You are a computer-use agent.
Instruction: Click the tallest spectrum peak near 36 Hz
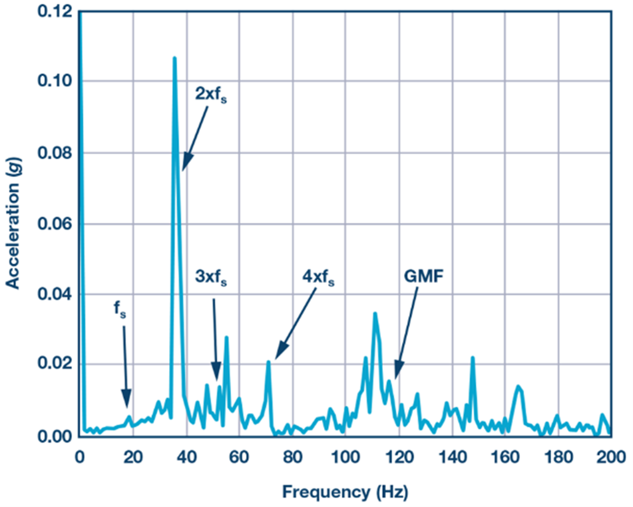[175, 58]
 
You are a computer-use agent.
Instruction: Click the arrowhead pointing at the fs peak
[127, 400]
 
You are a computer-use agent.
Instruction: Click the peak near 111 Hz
[375, 313]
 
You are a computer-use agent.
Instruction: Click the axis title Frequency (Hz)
[345, 491]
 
